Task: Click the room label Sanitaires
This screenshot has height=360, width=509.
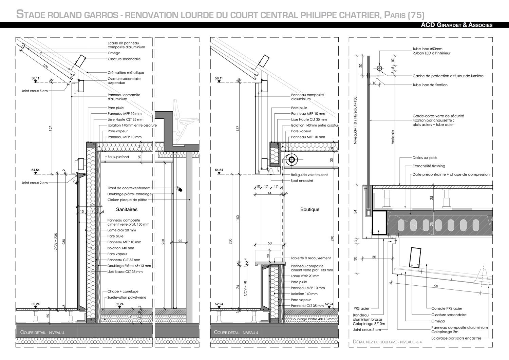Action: (x=127, y=209)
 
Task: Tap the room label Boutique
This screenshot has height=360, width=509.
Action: (x=310, y=210)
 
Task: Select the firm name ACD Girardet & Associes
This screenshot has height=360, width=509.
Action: (x=456, y=25)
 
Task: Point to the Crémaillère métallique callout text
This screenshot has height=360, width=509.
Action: (x=126, y=73)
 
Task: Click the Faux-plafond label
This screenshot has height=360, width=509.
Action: (x=118, y=157)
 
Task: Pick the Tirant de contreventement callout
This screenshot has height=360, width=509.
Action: (x=129, y=188)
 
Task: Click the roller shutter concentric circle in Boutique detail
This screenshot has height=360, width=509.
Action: (x=291, y=160)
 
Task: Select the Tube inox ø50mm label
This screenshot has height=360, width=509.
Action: (x=428, y=49)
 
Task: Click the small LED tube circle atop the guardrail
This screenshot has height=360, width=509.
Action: (x=379, y=68)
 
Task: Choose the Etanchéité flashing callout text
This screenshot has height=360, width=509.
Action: (x=429, y=166)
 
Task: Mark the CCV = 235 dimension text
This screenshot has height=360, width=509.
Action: (x=56, y=242)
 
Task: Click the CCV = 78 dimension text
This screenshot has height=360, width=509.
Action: (x=245, y=289)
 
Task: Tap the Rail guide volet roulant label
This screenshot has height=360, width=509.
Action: (x=309, y=175)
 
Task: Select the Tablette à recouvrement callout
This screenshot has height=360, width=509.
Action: (x=310, y=258)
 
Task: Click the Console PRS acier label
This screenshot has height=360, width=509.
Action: (x=447, y=308)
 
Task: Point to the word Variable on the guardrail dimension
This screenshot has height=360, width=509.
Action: (x=393, y=137)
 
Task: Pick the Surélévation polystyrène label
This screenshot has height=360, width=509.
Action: (x=127, y=297)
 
